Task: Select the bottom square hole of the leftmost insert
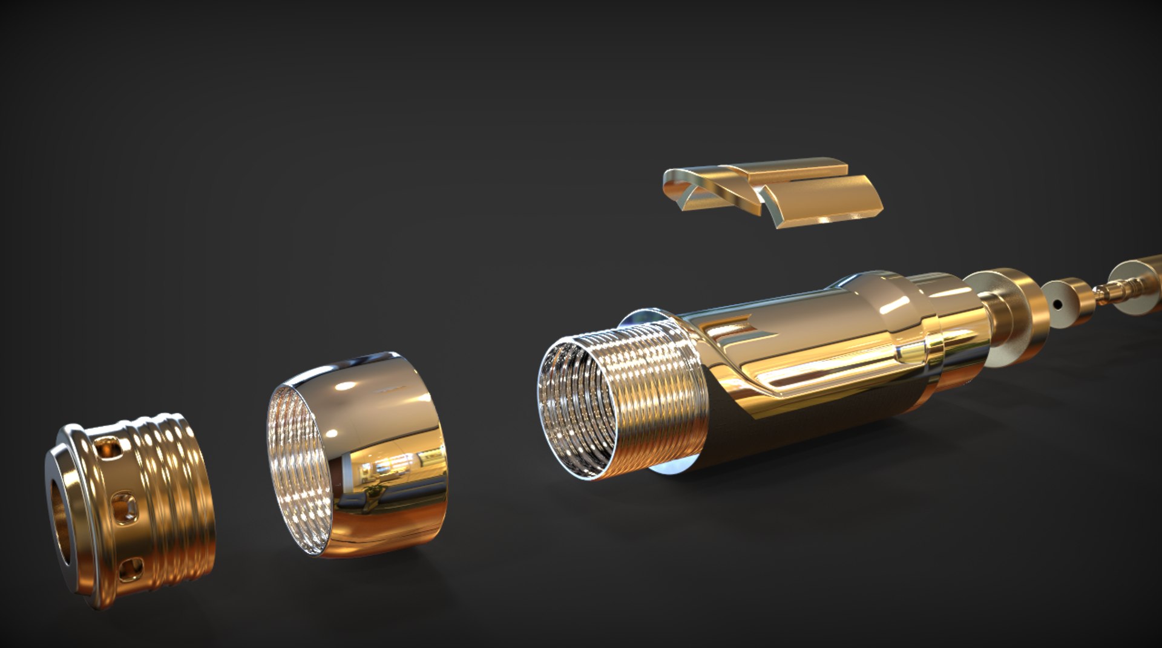[131, 569]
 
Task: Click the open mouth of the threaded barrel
[575, 411]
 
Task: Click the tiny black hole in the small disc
[1057, 304]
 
